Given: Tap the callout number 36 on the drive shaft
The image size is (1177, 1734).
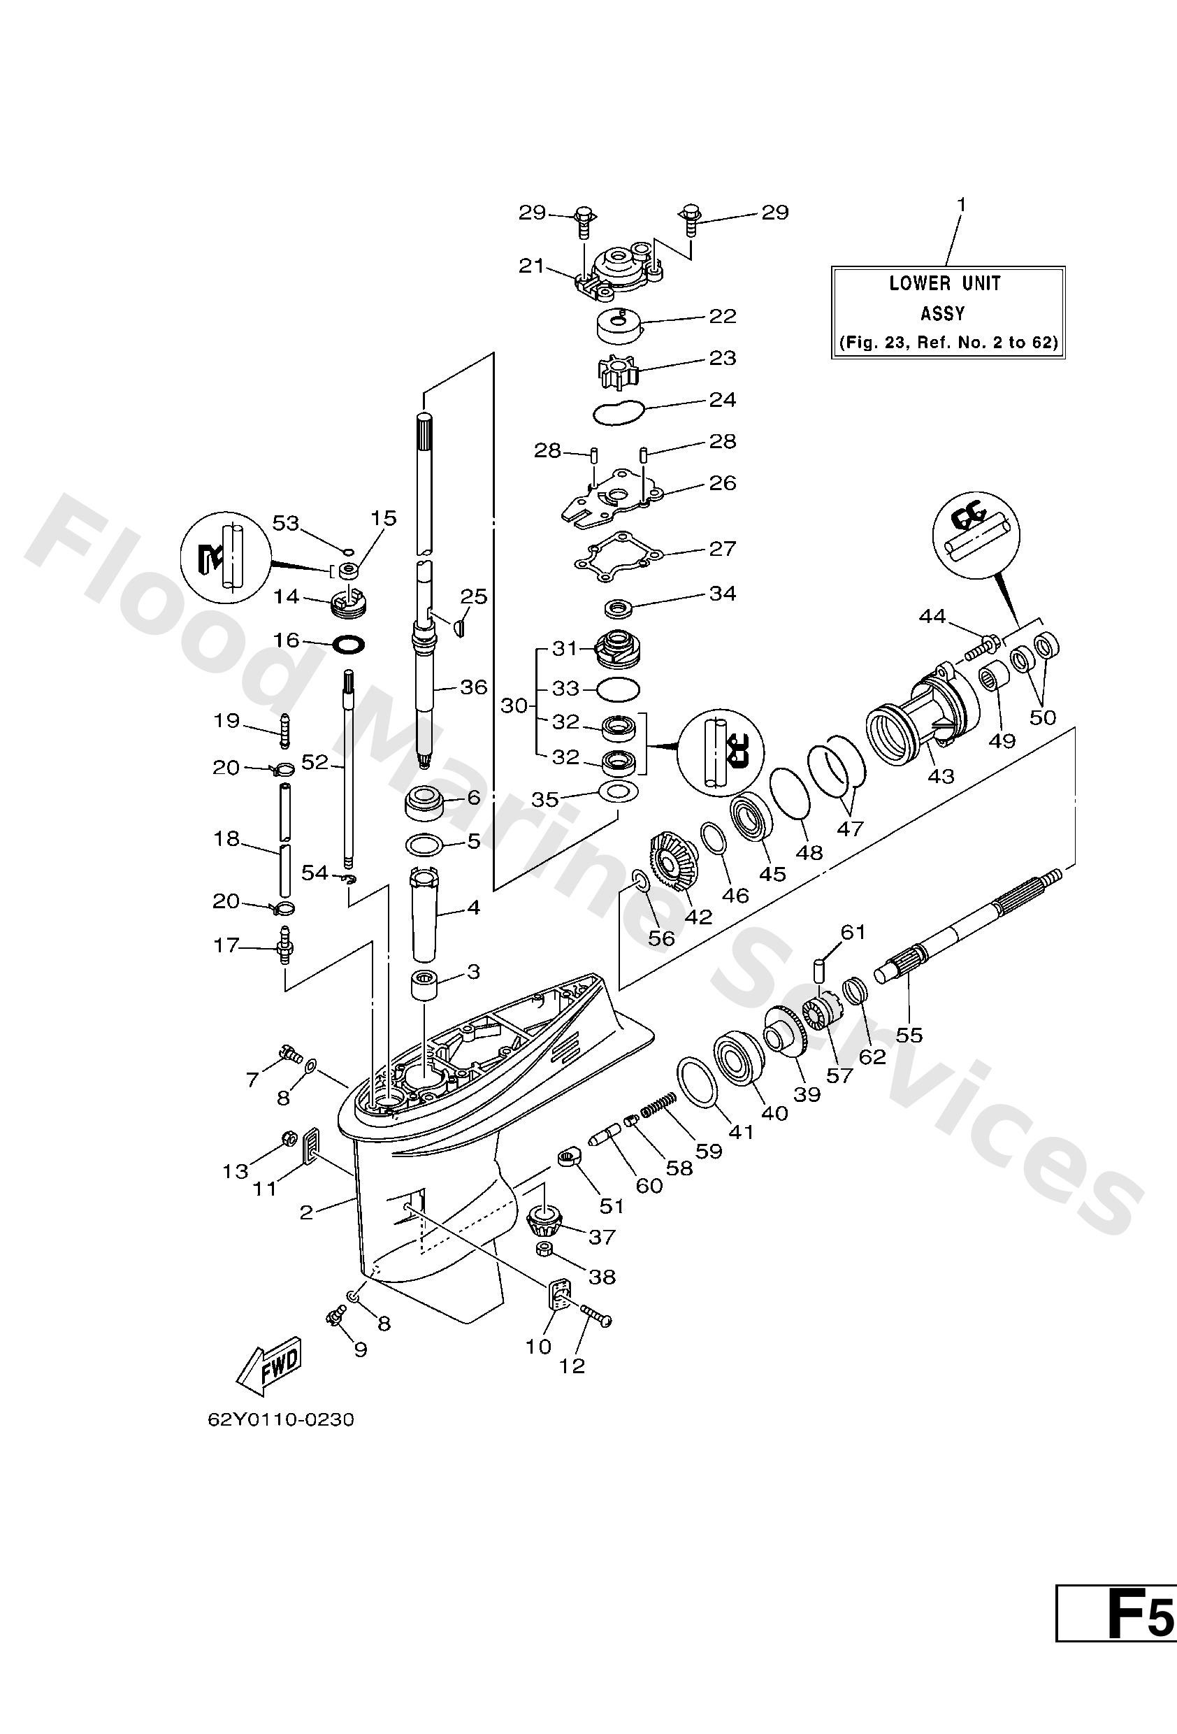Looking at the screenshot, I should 473,687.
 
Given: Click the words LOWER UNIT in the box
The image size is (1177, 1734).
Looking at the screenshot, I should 945,284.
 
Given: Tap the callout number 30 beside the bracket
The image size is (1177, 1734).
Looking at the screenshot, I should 514,704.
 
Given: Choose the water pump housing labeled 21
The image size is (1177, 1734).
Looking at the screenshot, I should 618,269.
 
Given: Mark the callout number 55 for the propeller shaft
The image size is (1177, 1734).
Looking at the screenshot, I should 909,1035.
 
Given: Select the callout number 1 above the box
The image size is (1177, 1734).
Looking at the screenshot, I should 962,203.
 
